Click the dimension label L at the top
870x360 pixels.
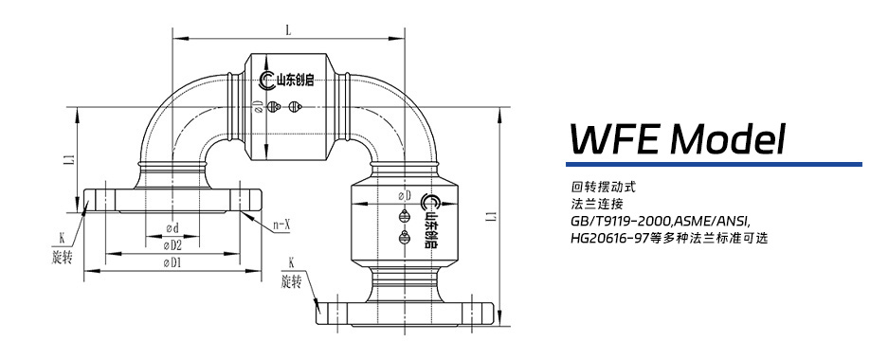[287, 30]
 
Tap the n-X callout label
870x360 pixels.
[281, 225]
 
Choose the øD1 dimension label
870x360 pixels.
[172, 262]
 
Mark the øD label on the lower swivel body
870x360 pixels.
[405, 195]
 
